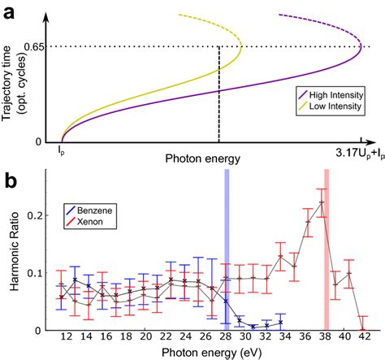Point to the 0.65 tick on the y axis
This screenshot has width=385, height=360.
tap(33, 46)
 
